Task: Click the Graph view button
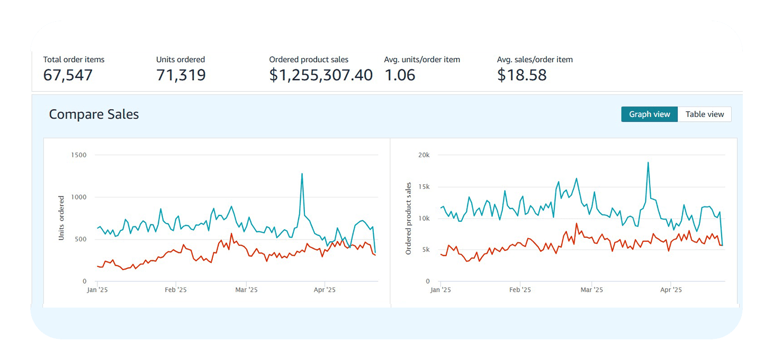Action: point(649,114)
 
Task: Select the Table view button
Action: point(704,114)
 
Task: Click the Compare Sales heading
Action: point(94,114)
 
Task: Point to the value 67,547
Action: point(68,75)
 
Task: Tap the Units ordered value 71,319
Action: point(181,75)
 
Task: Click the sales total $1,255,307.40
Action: point(321,75)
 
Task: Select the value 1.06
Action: point(400,75)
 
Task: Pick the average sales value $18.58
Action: point(522,75)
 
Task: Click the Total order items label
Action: point(74,60)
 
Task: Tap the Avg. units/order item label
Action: point(422,60)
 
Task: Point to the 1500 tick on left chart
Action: point(78,155)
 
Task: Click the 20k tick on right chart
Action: point(424,155)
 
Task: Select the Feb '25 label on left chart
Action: point(176,290)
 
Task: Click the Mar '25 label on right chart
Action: point(591,290)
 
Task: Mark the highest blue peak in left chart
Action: point(302,174)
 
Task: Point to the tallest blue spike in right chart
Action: point(648,163)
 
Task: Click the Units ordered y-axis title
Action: point(61,218)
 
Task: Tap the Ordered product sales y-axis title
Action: point(408,218)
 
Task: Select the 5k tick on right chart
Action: point(426,250)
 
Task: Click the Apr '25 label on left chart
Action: point(325,290)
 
